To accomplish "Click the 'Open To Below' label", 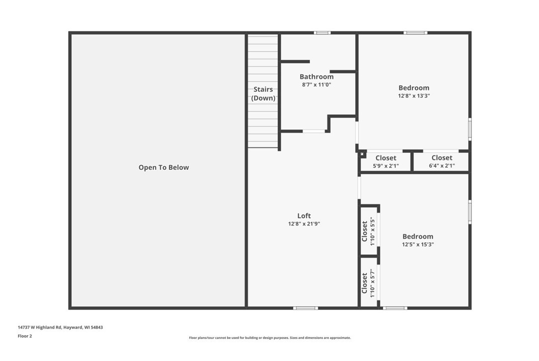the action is [x=164, y=167].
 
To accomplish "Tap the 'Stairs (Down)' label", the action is [x=263, y=94].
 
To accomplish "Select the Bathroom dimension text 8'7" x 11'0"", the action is [x=317, y=85].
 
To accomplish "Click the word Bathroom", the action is [x=317, y=77].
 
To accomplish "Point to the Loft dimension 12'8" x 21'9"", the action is [x=304, y=224].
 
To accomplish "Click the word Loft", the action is [x=304, y=216].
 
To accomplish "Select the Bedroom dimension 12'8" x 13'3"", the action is [x=414, y=96].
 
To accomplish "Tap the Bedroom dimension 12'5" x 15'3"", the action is [x=418, y=244].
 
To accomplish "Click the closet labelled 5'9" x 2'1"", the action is [x=386, y=162].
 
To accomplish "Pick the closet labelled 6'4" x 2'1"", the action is [x=441, y=162].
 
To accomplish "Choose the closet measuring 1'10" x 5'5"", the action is [x=369, y=231].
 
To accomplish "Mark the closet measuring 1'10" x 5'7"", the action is [x=369, y=282].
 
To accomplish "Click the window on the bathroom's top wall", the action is [x=322, y=33].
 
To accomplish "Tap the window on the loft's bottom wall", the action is [x=306, y=308].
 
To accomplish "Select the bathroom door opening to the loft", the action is [x=314, y=131].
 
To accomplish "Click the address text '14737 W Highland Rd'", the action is [x=39, y=327].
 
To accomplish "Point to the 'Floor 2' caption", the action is [x=25, y=336].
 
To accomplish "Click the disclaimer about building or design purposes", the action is [x=270, y=338].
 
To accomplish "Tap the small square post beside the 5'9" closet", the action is [x=362, y=154].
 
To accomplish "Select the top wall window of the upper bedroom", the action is [x=416, y=33].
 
